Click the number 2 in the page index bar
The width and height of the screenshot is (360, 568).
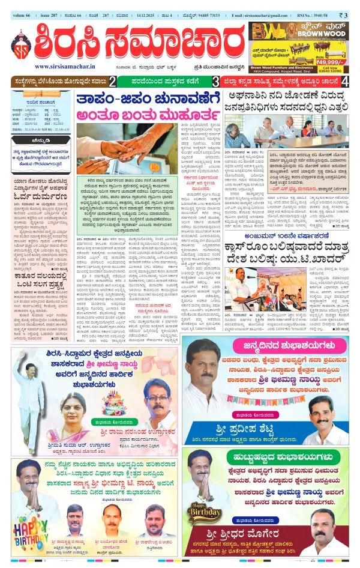[x=112, y=81]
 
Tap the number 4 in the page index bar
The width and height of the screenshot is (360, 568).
[x=345, y=81]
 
